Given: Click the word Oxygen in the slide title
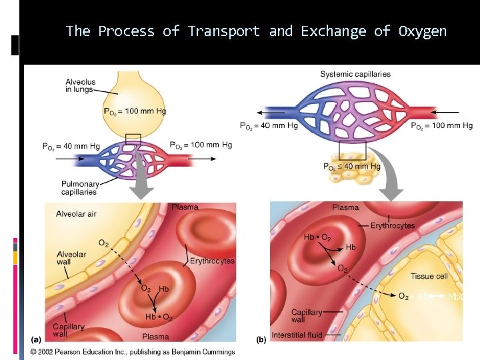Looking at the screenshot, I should pos(423,31).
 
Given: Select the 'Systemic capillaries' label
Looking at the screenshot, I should pos(355,74).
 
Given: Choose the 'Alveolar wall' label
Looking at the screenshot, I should pos(71,258).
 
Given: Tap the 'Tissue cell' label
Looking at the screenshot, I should pos(429,276).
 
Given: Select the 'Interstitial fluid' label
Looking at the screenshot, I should pos(298,334).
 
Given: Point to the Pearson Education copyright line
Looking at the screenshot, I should pos(132,351).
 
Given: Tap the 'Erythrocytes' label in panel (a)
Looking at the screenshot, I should pos(212,261).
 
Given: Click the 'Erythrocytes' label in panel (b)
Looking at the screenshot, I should pos(393,225).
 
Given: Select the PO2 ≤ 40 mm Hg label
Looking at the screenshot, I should pos(351,167).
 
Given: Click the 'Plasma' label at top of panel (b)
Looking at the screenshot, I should pos(346,208).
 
